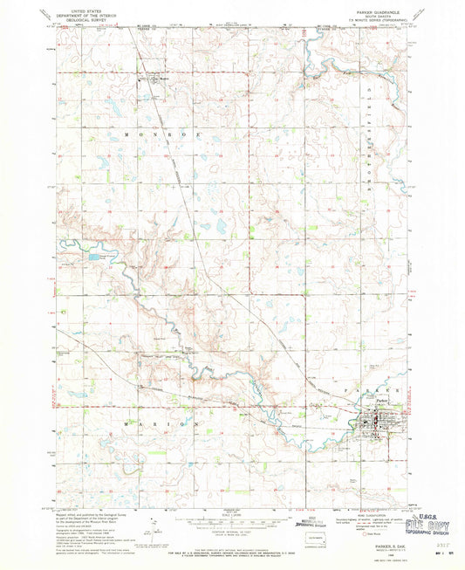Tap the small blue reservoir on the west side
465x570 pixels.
pos(93,258)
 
